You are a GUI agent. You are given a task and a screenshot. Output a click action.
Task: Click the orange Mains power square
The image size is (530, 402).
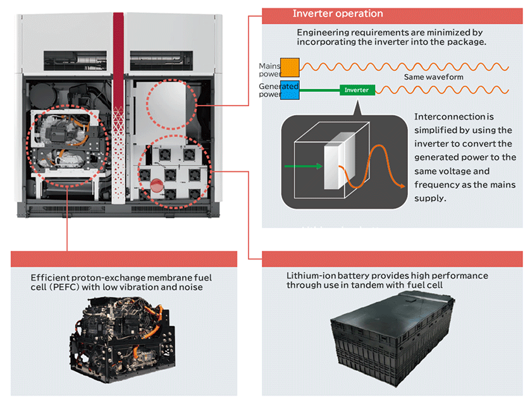[290, 66]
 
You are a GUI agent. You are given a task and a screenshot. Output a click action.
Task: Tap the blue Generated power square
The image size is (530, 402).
[290, 91]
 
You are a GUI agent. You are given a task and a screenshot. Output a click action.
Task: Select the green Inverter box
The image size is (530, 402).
[357, 90]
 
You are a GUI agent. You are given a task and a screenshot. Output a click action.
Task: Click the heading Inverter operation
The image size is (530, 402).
[338, 13]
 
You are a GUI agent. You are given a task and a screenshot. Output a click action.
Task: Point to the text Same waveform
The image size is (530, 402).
[433, 77]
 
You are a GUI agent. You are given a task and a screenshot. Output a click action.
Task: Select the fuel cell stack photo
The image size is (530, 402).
[124, 341]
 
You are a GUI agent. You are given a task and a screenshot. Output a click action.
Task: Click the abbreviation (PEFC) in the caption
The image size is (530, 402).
[51, 288]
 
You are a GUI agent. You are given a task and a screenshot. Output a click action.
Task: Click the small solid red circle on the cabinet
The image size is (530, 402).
[156, 185]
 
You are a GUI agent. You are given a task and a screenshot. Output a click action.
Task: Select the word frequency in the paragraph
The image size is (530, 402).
[436, 185]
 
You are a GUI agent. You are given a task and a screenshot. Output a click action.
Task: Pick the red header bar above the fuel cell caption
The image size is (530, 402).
[124, 259]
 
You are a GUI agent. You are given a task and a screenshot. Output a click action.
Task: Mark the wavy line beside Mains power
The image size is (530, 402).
[405, 66]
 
